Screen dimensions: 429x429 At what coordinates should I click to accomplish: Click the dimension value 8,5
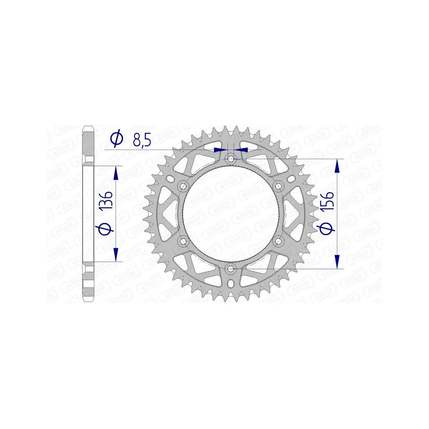pos(142,140)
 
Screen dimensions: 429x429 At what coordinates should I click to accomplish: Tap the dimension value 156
pos(327,201)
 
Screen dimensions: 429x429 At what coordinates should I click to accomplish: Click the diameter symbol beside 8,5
pos(117,139)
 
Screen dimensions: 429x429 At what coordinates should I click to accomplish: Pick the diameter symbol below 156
pos(327,229)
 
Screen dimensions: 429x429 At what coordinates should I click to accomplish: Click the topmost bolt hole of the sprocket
pos(231,159)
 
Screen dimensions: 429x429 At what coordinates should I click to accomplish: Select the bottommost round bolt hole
pos(231,269)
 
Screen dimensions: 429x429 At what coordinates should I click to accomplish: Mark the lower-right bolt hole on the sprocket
pos(279,241)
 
